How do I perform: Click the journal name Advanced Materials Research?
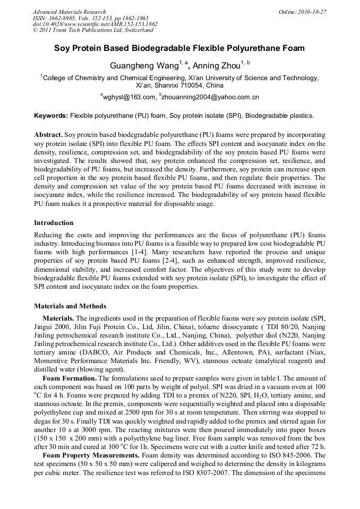(x=69, y=12)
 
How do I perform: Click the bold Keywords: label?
(x=51, y=115)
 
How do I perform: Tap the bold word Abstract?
(x=48, y=135)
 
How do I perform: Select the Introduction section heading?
(x=54, y=223)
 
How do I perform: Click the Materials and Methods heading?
(x=70, y=306)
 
